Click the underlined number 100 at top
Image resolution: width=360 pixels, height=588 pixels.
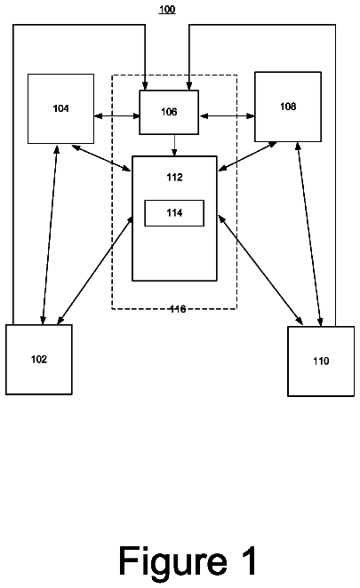pos(167,10)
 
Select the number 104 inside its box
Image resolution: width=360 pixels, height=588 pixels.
pos(60,108)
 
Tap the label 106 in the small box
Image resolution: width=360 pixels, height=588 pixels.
pos(169,112)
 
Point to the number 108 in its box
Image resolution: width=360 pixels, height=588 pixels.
pos(288,107)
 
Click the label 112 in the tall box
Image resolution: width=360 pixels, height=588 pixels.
pos(174,177)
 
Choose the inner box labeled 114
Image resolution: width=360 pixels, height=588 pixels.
pos(174,213)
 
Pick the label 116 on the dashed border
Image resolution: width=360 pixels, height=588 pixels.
pos(178,309)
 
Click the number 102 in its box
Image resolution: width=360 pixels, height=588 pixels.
pos(39,359)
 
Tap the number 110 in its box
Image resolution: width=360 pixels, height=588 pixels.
pos(321,362)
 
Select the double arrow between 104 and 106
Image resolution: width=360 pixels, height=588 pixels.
pos(116,116)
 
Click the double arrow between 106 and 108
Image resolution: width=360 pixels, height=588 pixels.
pos(227,116)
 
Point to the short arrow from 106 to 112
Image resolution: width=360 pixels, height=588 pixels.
pos(174,145)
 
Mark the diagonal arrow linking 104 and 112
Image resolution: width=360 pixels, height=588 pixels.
pos(101,158)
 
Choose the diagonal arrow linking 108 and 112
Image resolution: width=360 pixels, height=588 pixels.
pos(247,156)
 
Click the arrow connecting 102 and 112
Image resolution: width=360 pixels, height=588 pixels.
pos(94,270)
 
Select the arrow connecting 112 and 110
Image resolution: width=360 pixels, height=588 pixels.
pos(260,270)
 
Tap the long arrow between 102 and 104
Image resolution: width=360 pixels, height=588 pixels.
pos(50,234)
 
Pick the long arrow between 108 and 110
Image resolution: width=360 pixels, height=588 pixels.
pos(309,234)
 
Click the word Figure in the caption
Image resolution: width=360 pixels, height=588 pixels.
pos(173,562)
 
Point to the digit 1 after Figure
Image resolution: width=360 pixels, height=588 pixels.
pos(249,560)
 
